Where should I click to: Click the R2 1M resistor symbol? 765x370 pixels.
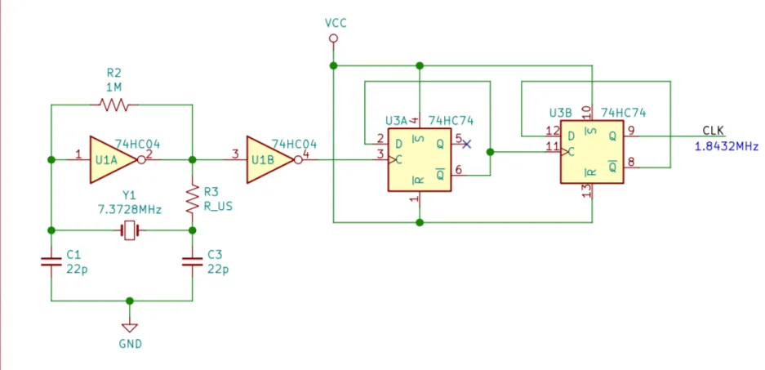coord(113,105)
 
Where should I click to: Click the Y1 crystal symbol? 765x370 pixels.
coord(129,230)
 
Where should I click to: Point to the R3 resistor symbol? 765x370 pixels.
coord(193,198)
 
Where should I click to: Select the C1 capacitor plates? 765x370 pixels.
coord(51,262)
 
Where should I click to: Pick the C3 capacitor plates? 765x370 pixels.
coord(192,262)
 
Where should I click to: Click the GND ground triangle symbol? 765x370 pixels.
coord(130,328)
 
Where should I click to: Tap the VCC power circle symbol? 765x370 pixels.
coord(333,38)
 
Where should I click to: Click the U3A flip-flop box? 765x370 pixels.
coord(420,159)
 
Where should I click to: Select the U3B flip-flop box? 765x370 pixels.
coord(592,152)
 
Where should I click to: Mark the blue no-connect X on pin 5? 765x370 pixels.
coord(467,144)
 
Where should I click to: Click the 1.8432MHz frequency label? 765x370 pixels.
coord(727,146)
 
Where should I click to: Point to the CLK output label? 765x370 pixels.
coord(714,131)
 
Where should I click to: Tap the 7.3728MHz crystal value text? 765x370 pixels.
coord(129,210)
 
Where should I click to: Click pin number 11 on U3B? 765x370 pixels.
coord(552,146)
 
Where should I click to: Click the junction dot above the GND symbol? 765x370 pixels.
coord(130,301)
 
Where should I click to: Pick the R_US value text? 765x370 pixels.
coord(218,207)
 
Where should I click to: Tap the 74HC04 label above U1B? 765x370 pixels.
coord(294,144)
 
